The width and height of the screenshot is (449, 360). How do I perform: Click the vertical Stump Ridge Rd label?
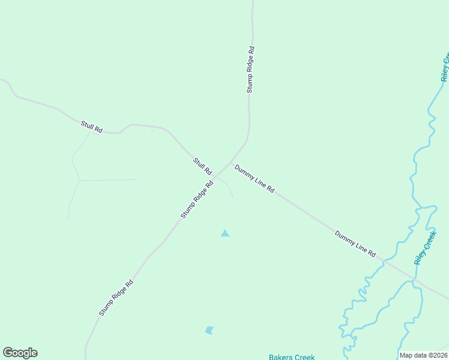point(250,70)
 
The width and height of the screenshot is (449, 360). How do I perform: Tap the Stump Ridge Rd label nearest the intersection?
point(197,200)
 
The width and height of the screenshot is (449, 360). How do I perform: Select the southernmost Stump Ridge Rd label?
point(116,298)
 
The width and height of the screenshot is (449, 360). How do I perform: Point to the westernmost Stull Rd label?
point(92,127)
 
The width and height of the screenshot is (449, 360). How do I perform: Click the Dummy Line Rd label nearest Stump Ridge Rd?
point(255,179)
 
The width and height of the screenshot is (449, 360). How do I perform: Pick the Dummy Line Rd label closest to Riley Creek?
point(355,244)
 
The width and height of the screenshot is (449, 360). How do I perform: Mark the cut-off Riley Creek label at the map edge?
point(445,68)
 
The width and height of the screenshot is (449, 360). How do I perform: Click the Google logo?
point(20,353)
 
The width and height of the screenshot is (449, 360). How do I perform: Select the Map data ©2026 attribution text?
point(423,355)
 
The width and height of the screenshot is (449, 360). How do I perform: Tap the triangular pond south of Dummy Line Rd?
point(225,233)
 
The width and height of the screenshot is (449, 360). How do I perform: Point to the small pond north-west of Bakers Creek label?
point(209,330)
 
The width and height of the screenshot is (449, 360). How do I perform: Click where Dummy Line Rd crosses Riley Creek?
point(414,280)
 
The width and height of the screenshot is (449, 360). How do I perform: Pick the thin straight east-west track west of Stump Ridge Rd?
point(108,179)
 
